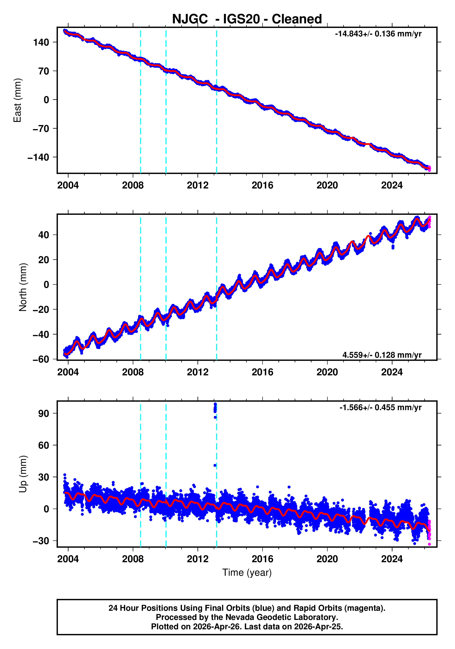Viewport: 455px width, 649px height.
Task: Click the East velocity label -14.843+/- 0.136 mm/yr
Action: [x=378, y=34]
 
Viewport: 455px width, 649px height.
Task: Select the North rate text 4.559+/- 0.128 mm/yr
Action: [x=382, y=355]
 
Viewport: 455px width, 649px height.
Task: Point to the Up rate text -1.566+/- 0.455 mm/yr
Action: [x=380, y=407]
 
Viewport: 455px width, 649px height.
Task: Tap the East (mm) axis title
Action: [x=18, y=100]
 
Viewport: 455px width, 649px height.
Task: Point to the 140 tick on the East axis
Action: [x=41, y=42]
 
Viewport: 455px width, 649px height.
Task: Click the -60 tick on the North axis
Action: [x=41, y=359]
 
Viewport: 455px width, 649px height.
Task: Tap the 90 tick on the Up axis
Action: [x=44, y=414]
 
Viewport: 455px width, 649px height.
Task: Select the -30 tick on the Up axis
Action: [x=41, y=541]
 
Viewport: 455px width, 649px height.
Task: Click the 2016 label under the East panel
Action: [x=262, y=185]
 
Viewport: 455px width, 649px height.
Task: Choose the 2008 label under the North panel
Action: [x=133, y=372]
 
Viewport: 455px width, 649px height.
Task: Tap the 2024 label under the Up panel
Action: [x=392, y=559]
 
